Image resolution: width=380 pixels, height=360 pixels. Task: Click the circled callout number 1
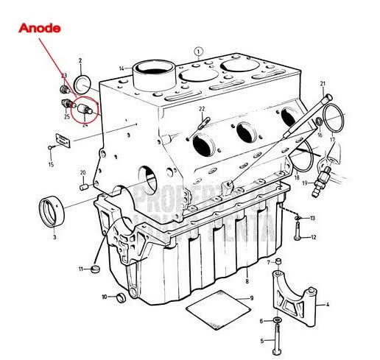coord(198,51)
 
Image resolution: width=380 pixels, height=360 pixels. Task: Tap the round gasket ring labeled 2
coord(83,80)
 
